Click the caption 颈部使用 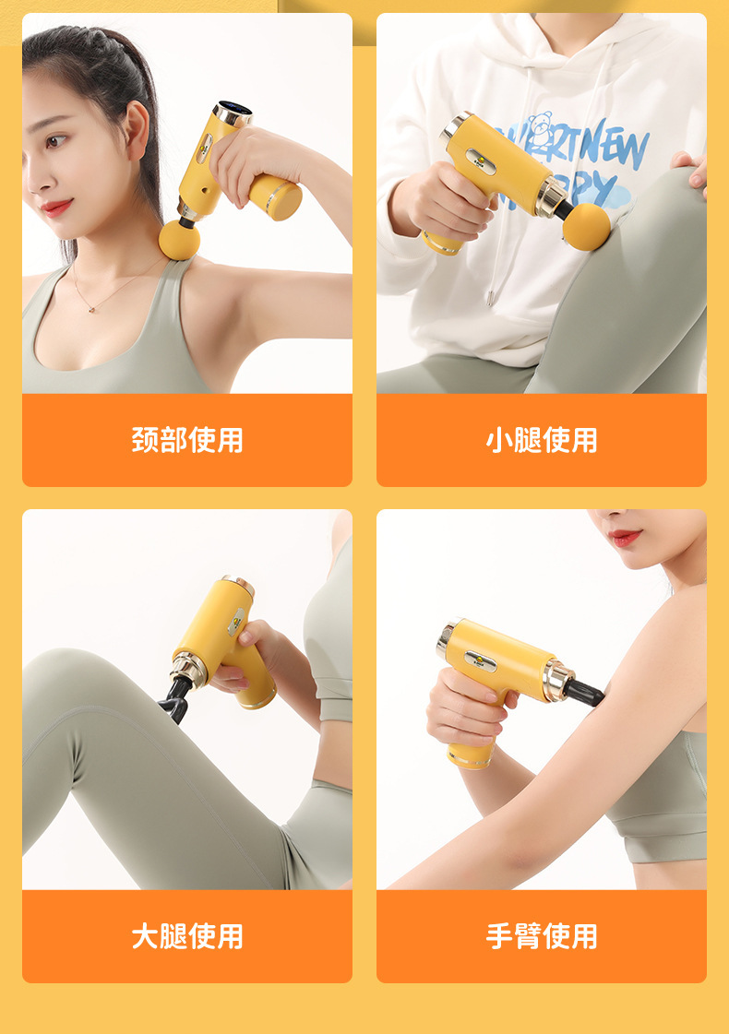click(x=187, y=440)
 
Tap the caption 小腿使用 click(x=542, y=440)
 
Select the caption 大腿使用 click(x=187, y=936)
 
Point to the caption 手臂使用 click(x=542, y=936)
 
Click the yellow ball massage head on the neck click(x=179, y=239)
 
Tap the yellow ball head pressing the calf click(x=586, y=227)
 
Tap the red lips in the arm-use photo click(x=626, y=536)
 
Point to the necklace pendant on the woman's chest click(x=92, y=307)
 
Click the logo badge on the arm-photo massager click(x=481, y=660)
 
